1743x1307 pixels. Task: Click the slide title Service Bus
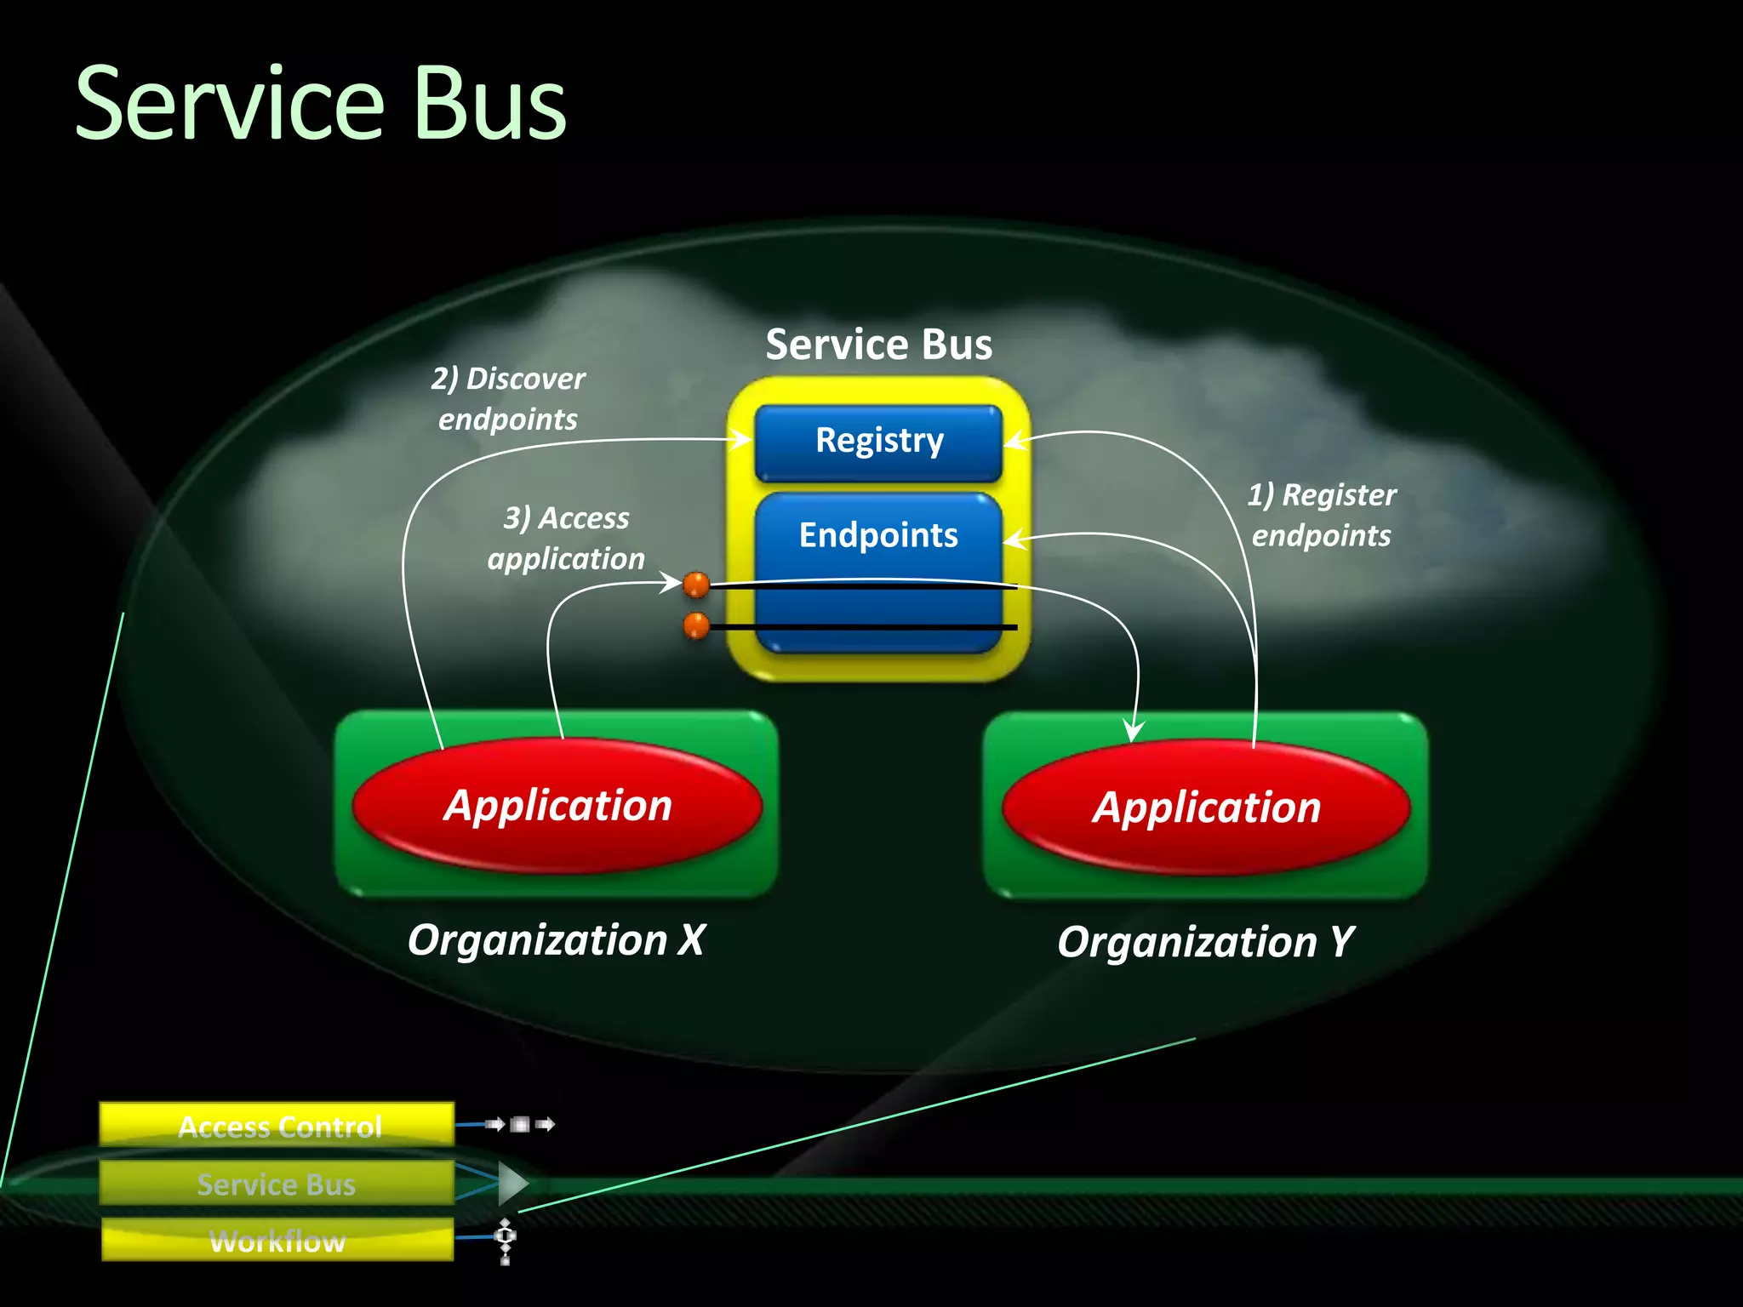point(320,104)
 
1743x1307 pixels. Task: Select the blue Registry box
point(878,442)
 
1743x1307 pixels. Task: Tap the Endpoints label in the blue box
point(878,535)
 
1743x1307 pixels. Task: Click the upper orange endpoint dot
point(696,585)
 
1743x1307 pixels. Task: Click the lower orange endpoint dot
point(696,626)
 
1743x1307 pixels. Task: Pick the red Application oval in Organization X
point(557,805)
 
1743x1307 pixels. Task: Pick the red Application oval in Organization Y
point(1206,807)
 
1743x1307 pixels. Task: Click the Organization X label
point(556,940)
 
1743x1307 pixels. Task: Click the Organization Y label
point(1205,942)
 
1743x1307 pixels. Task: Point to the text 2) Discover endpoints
point(508,398)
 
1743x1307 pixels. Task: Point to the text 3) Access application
point(566,538)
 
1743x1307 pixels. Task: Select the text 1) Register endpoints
point(1322,515)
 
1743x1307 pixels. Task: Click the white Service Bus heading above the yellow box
point(878,345)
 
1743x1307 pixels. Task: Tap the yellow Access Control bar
point(277,1125)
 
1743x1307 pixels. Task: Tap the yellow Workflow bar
point(277,1240)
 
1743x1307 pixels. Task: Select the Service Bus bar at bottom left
point(276,1183)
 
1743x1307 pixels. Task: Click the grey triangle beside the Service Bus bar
point(512,1183)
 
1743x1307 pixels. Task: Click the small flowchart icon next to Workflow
point(506,1241)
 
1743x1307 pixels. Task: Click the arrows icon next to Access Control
point(520,1124)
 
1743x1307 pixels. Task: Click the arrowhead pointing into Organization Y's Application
point(1133,732)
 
